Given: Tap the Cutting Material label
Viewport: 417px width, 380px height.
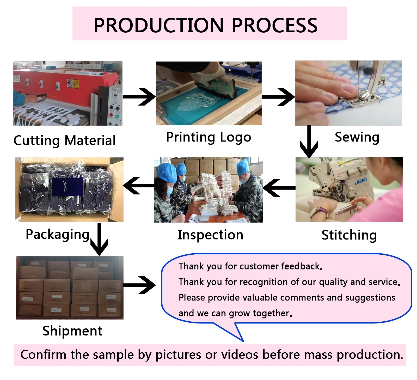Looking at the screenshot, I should [x=64, y=140].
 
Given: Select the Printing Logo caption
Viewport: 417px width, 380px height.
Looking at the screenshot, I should [x=208, y=137].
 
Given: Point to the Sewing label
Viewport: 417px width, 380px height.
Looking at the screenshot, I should [x=357, y=137].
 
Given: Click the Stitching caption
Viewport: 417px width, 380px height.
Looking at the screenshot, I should [x=349, y=235].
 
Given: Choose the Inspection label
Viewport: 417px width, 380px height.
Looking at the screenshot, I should [x=210, y=235].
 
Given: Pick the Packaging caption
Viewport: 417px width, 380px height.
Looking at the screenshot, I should [x=58, y=234].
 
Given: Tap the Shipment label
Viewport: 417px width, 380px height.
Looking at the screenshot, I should [x=72, y=331].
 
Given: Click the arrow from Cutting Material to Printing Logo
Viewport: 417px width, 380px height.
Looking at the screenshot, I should [x=139, y=97].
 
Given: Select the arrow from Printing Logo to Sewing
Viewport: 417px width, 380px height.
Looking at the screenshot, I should [x=278, y=97].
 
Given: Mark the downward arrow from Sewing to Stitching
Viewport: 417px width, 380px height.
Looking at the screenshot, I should [x=309, y=142].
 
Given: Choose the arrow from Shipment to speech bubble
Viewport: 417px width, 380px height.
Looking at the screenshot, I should [x=139, y=285].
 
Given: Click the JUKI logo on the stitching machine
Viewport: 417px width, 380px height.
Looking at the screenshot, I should [x=360, y=181].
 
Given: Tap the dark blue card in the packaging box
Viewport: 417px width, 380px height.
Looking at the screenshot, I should [x=68, y=187].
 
